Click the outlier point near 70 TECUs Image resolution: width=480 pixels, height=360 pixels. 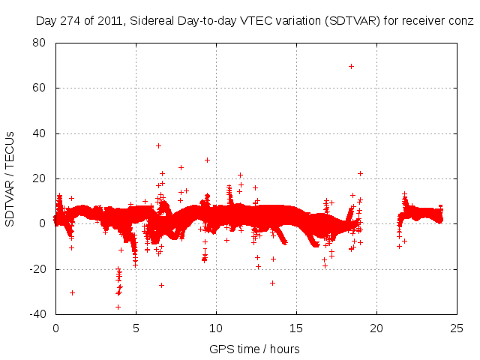click(x=351, y=66)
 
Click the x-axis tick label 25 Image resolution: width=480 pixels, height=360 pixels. click(x=457, y=328)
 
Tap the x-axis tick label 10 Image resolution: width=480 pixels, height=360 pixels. click(x=216, y=328)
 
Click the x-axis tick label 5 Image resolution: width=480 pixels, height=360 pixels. click(x=136, y=328)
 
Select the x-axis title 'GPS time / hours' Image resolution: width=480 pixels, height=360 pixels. click(x=254, y=349)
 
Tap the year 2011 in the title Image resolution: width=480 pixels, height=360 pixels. click(x=110, y=21)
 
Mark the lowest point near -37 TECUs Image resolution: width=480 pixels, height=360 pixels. click(x=118, y=307)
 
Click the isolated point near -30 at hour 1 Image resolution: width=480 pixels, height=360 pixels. click(x=72, y=292)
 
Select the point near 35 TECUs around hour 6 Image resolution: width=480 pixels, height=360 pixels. click(x=158, y=145)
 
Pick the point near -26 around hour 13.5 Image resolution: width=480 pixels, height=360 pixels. click(x=272, y=283)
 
